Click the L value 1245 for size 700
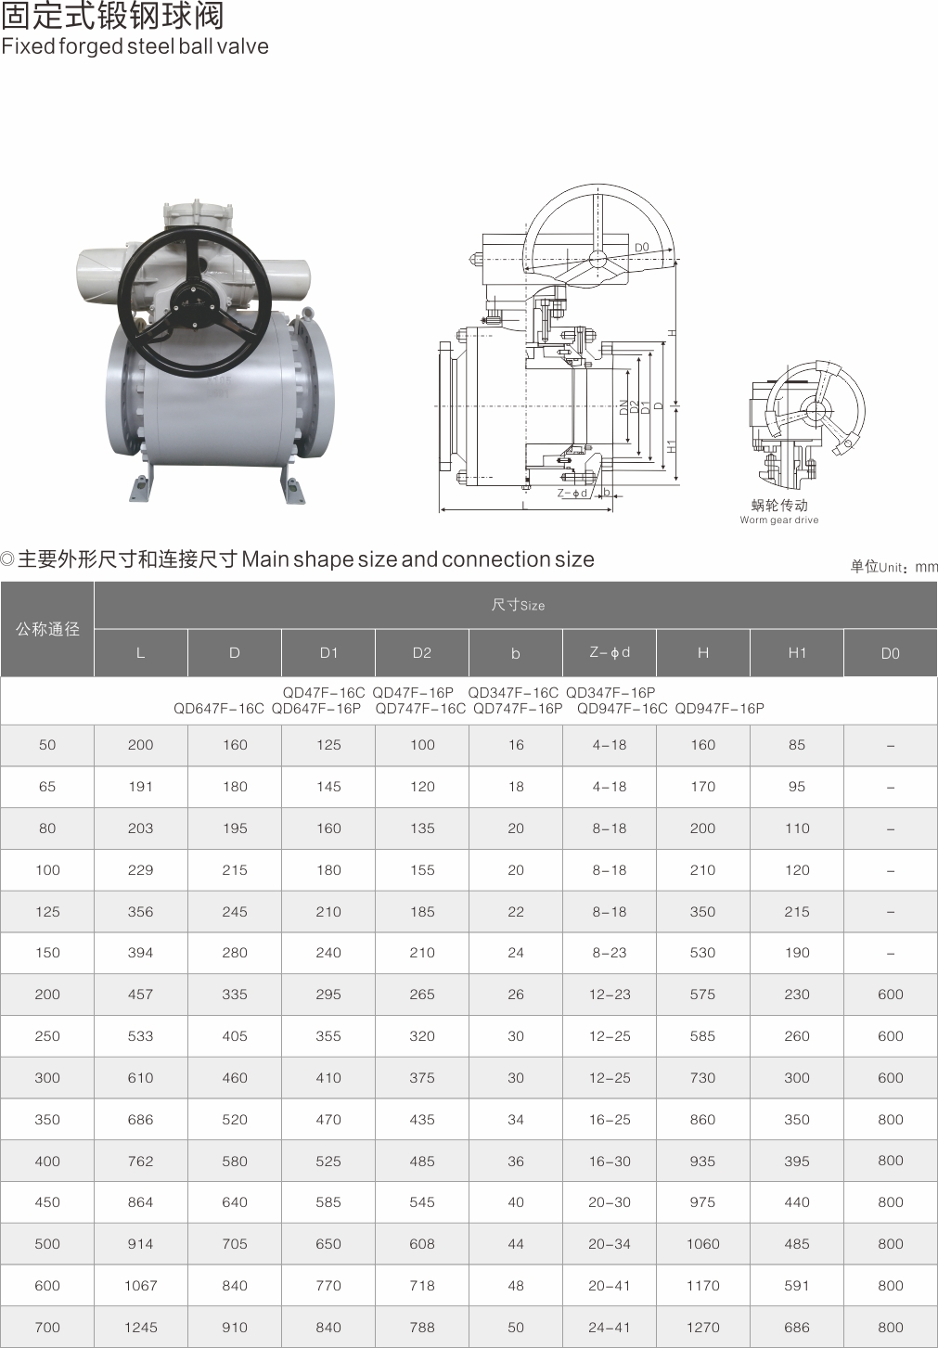tap(141, 1327)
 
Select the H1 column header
tap(797, 653)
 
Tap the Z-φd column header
tap(610, 653)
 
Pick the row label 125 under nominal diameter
tap(47, 911)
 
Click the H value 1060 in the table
tap(702, 1243)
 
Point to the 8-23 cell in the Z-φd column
tap(610, 953)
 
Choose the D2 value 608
tap(422, 1243)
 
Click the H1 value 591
tap(797, 1286)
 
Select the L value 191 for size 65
tap(141, 786)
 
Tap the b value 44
tap(516, 1243)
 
